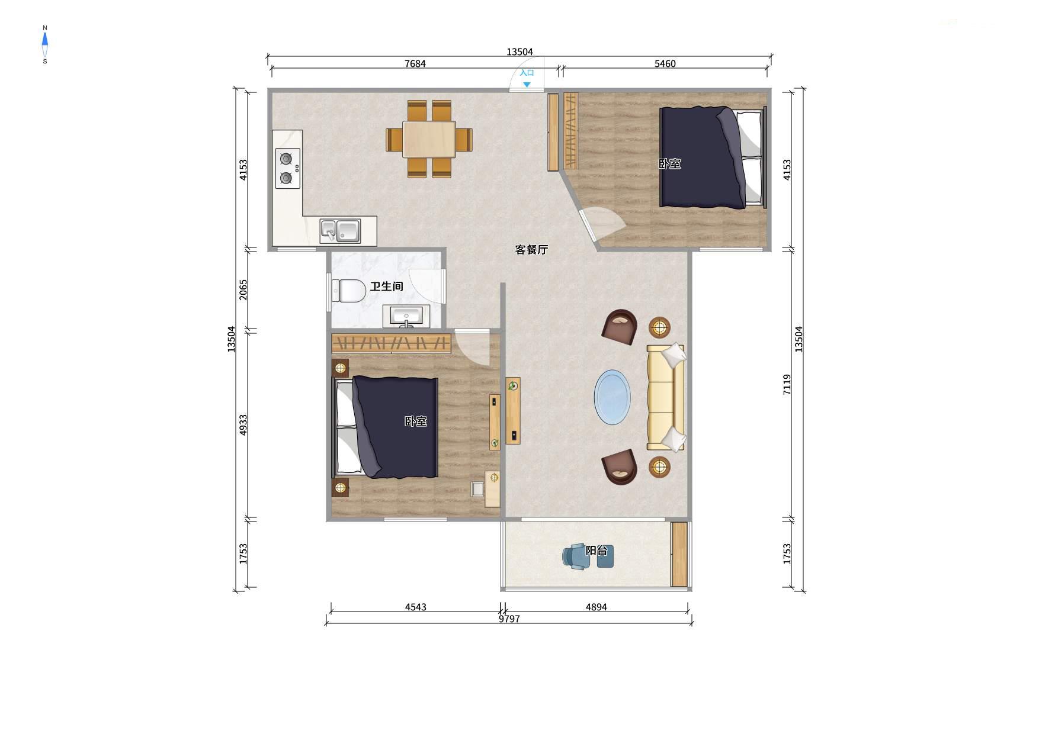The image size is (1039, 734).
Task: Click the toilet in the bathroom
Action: pos(349,291)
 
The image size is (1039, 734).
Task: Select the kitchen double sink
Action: pos(340,231)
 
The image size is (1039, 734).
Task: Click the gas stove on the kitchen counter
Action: pos(287,168)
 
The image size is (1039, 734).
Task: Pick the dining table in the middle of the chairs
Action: pos(429,139)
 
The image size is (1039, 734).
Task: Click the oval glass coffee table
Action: pos(613,397)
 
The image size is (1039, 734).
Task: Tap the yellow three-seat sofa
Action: pos(666,397)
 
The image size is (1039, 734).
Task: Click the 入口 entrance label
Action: pos(527,73)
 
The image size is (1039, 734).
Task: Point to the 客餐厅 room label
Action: pos(531,250)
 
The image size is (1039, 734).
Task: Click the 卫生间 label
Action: pos(386,286)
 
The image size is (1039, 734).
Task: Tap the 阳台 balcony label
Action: pos(597,550)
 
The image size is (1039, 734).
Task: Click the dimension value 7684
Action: pos(415,64)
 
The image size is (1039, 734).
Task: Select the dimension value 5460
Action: pos(665,64)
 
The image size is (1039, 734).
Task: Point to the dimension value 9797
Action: pos(509,619)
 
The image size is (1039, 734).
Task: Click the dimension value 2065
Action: pos(243,289)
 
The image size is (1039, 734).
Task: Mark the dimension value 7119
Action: pos(787,384)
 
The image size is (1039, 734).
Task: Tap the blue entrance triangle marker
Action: pos(526,85)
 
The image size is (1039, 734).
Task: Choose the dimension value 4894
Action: pos(596,607)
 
